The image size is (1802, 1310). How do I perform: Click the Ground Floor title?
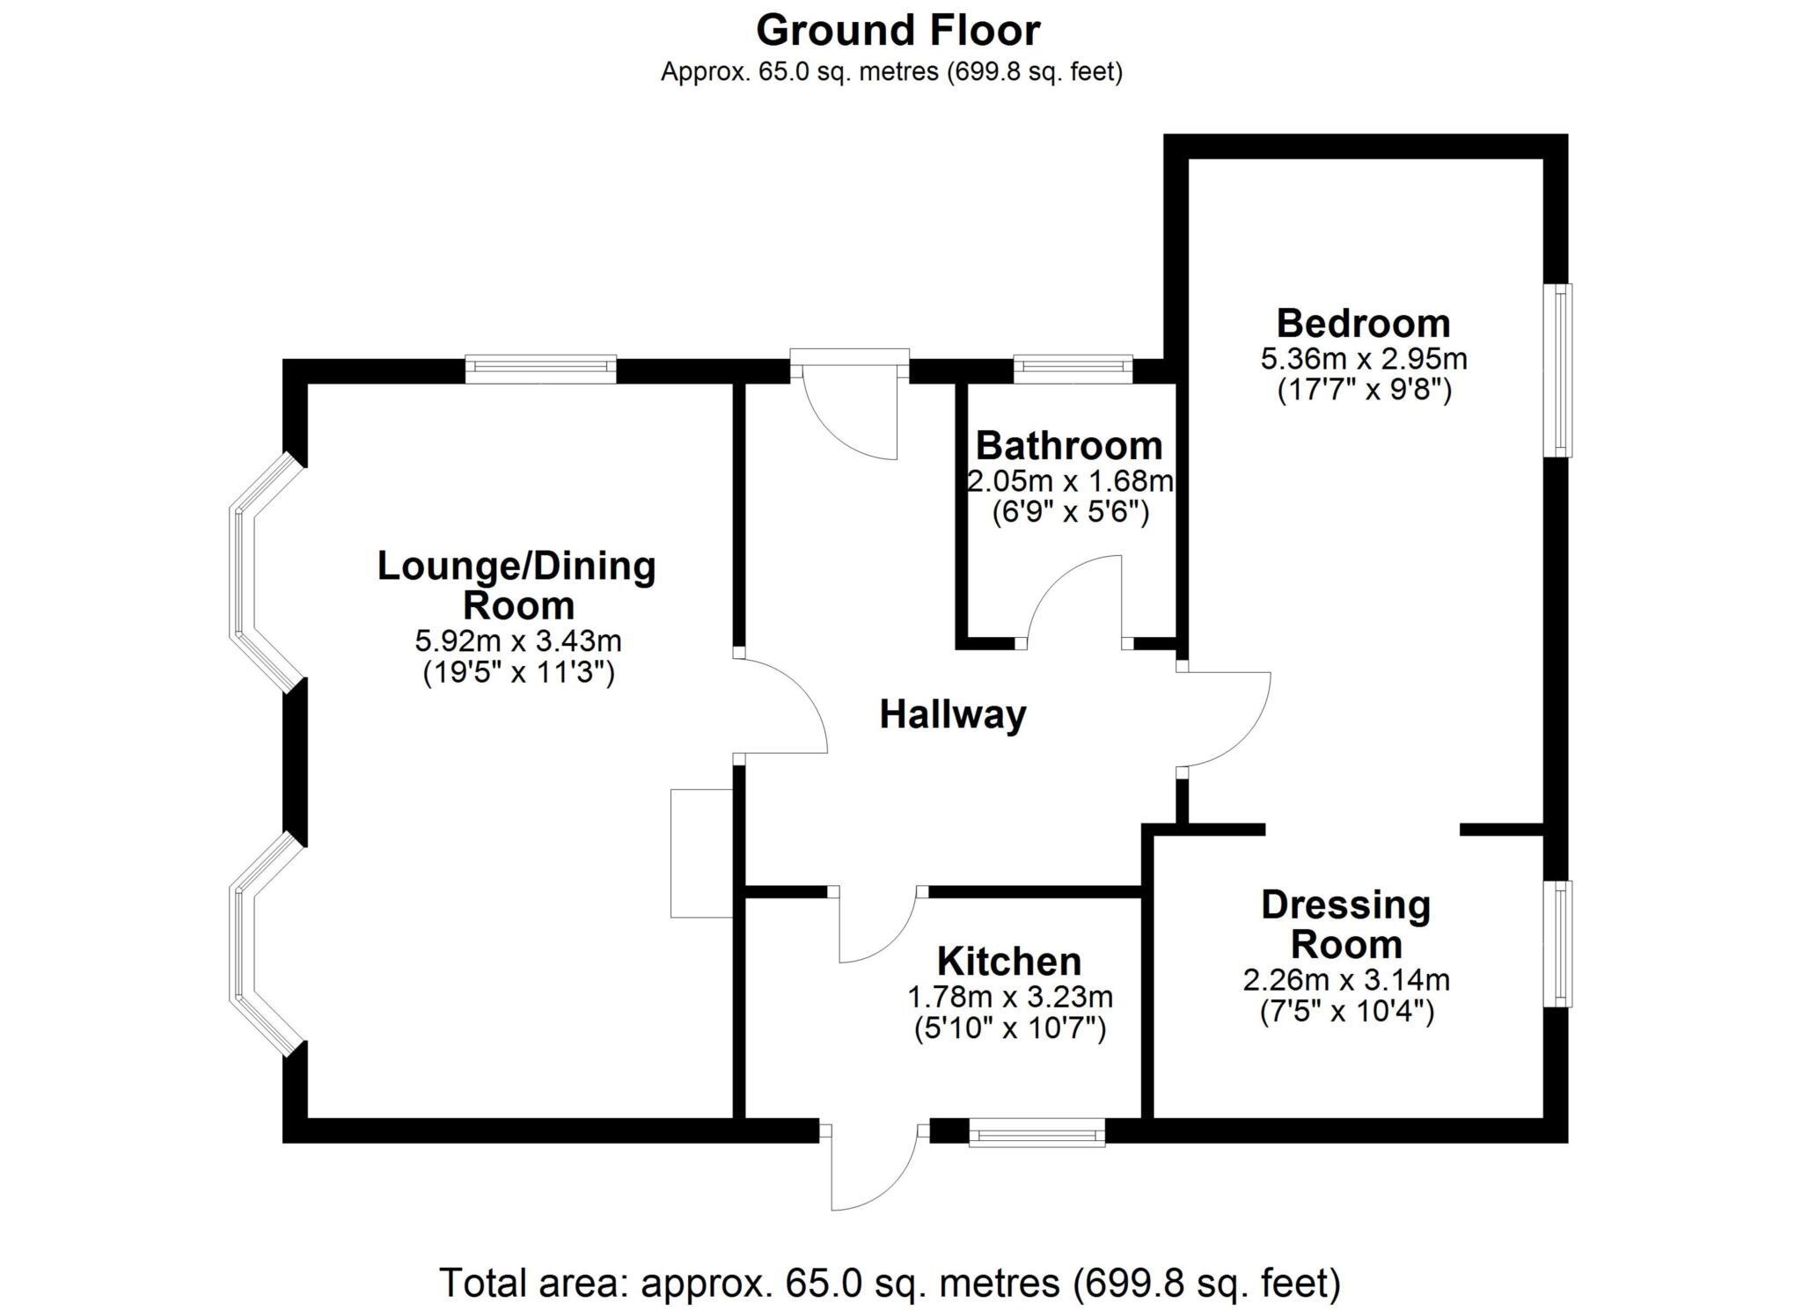(x=897, y=31)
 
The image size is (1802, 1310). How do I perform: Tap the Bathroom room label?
(x=1068, y=446)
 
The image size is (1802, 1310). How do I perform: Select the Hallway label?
(x=953, y=714)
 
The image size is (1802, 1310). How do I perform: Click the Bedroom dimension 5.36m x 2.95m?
(x=1363, y=359)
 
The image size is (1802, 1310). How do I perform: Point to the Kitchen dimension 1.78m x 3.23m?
(x=1009, y=997)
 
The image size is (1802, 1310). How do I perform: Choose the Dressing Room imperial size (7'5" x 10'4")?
(x=1346, y=1012)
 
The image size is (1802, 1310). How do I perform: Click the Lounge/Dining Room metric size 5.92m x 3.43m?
(x=517, y=640)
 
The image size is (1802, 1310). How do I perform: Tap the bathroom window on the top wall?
(x=1072, y=368)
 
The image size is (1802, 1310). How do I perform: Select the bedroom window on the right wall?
(x=1560, y=370)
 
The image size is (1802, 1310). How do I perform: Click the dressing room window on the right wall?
(x=1560, y=943)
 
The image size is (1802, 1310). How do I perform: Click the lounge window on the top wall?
(x=540, y=368)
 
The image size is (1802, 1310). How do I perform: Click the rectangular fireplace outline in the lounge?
(x=701, y=853)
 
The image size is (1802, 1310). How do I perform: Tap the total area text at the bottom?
(x=889, y=1283)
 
